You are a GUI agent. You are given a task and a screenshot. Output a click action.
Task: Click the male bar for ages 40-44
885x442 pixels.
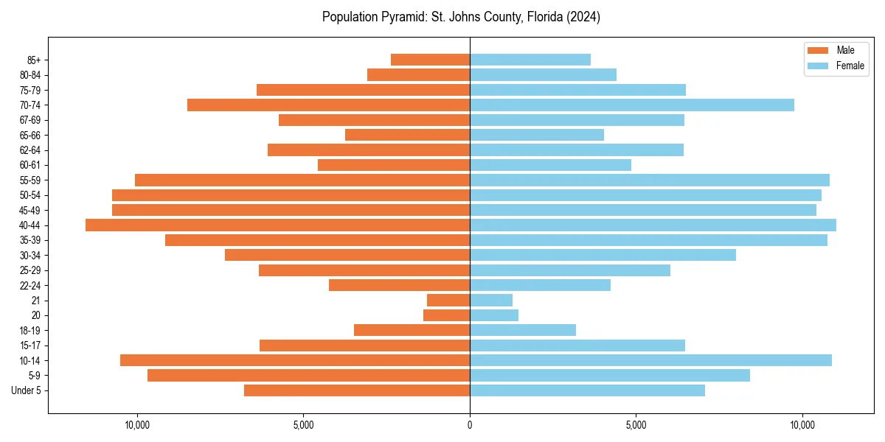click(277, 225)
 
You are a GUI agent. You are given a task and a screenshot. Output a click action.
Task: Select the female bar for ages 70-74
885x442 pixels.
click(632, 105)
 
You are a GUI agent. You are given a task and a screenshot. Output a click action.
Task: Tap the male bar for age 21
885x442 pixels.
click(448, 301)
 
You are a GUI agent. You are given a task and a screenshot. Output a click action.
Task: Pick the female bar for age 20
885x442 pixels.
click(494, 315)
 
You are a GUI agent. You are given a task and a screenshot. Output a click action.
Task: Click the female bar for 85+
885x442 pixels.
click(530, 60)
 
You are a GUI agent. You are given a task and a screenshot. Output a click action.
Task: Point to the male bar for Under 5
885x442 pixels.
click(357, 390)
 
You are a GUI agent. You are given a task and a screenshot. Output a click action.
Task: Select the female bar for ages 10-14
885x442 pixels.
click(650, 360)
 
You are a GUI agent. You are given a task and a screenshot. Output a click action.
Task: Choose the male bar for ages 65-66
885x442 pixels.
click(407, 135)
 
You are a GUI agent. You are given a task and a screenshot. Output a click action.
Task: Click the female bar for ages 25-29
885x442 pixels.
click(570, 270)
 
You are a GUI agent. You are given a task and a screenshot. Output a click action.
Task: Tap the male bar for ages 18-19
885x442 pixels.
click(412, 330)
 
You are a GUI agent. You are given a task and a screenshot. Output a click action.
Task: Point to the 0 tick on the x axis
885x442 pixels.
click(470, 425)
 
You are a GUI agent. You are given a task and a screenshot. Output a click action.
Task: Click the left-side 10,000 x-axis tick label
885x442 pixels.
click(137, 425)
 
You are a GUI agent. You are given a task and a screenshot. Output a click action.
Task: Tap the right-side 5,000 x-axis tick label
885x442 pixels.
click(636, 425)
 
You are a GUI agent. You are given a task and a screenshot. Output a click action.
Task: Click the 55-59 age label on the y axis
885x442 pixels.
click(29, 180)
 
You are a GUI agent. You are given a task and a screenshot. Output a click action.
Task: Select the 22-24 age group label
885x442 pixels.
click(29, 286)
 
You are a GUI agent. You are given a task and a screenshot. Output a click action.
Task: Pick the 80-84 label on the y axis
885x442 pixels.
click(29, 75)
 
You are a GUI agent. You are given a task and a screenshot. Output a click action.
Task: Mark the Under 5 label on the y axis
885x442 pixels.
click(27, 390)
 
